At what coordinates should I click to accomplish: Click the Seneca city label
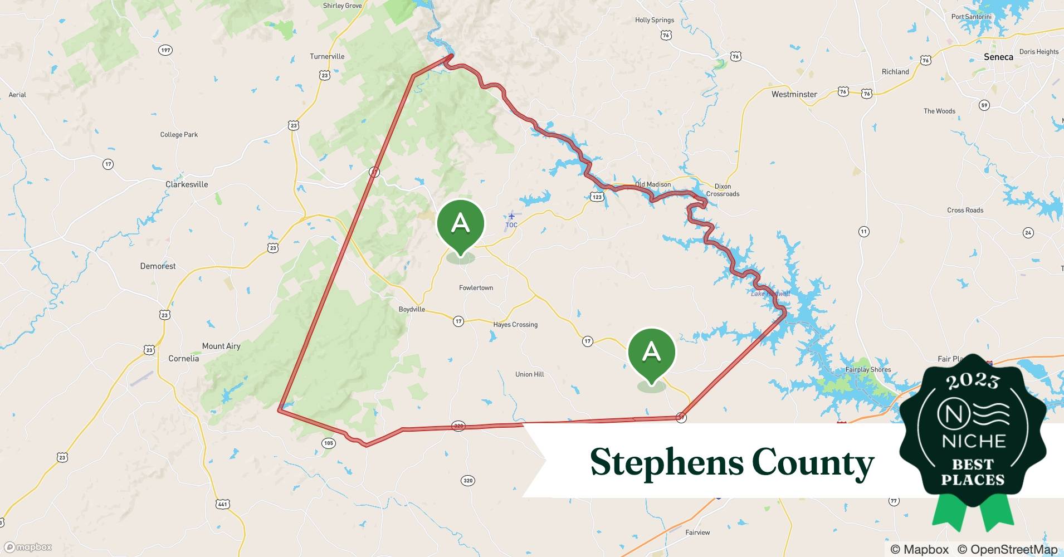coord(998,57)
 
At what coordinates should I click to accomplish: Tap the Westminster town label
coord(794,94)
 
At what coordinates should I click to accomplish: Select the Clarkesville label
coord(187,184)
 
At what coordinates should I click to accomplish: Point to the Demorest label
coord(158,266)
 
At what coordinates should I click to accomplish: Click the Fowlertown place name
coord(476,288)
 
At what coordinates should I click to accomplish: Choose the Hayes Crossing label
coord(515,325)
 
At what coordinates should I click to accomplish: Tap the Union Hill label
coord(529,374)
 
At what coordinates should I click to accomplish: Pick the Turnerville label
coord(327,56)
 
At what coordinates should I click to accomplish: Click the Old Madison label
coord(653,184)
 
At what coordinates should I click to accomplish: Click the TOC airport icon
coord(511,216)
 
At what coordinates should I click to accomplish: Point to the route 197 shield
coord(165,50)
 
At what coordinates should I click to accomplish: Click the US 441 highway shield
coord(222,504)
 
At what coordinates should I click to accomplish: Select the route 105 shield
coord(328,443)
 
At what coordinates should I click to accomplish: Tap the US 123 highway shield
coord(597,197)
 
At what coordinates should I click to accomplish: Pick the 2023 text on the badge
coord(973,382)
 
